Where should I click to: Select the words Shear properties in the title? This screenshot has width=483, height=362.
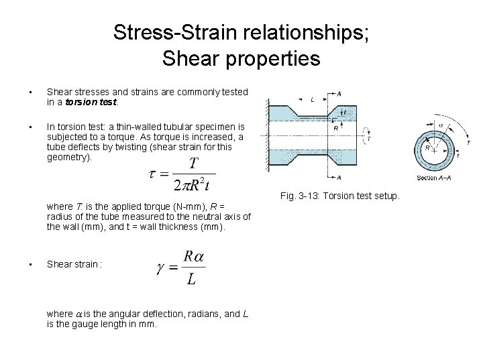(241, 59)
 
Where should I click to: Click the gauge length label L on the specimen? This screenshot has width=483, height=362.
(313, 99)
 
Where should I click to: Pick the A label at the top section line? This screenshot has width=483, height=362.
(339, 94)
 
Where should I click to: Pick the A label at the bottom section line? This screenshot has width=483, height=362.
(339, 177)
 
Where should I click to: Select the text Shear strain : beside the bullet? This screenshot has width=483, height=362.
(74, 263)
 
